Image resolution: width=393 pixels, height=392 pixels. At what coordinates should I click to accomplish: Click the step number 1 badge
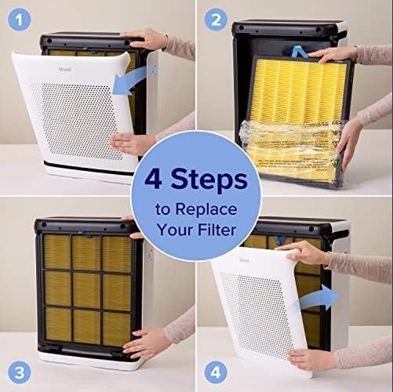[x=19, y=20]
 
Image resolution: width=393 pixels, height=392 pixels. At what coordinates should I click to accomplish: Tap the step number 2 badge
[x=216, y=20]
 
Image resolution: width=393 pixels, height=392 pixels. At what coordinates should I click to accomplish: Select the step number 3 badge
[x=19, y=372]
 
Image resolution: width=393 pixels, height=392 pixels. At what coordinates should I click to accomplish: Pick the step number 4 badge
[x=216, y=372]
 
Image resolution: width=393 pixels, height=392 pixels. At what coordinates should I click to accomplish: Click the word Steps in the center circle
[x=209, y=180]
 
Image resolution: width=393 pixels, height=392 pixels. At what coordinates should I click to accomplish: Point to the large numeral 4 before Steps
[x=153, y=179]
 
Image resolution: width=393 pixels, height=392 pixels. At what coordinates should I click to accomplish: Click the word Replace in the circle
[x=206, y=210]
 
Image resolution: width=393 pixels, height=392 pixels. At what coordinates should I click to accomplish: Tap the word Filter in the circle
[x=217, y=230]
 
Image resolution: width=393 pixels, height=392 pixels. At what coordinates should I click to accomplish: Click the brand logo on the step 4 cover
[x=244, y=260]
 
